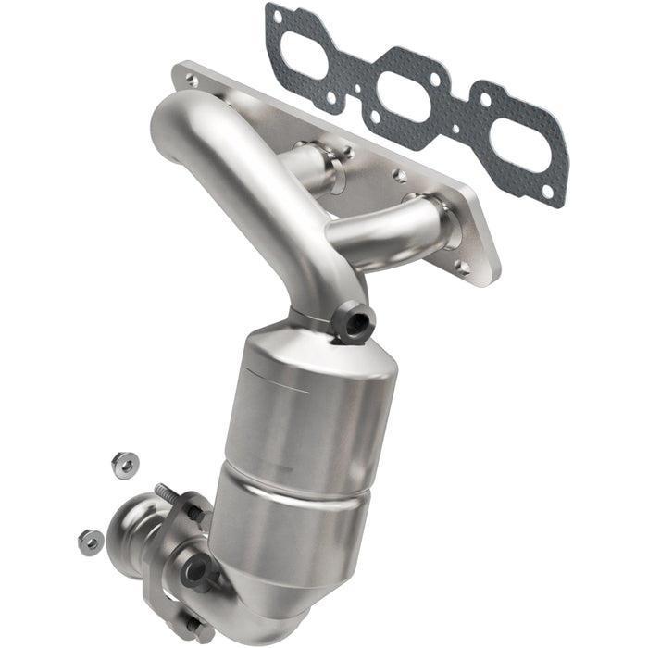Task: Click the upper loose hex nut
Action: (x=122, y=464)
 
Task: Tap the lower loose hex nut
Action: (x=90, y=542)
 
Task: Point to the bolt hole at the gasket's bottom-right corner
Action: (x=549, y=192)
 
